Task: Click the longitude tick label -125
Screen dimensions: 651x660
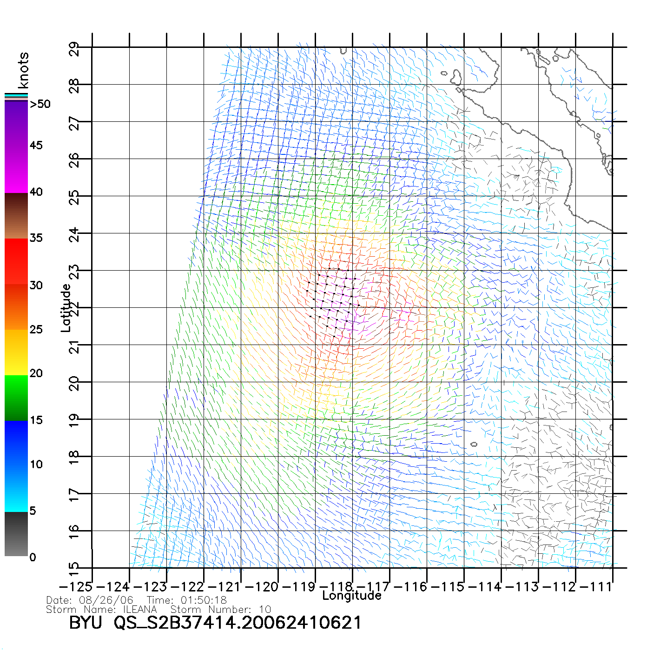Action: point(75,587)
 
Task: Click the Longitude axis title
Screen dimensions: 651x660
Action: point(352,596)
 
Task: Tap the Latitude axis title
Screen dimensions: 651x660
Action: point(66,308)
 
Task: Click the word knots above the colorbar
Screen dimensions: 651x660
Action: point(23,70)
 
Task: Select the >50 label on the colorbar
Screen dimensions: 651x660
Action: point(40,104)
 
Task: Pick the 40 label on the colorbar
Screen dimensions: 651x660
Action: point(36,192)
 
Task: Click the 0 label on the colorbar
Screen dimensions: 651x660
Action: point(33,557)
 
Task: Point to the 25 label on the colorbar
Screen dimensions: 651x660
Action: point(36,330)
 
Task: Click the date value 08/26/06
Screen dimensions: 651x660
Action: point(106,600)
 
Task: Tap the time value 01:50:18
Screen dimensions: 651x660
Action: point(204,600)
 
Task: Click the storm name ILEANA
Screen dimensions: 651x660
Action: point(140,610)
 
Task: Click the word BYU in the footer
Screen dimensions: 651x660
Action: point(86,623)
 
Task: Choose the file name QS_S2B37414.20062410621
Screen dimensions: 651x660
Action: point(238,623)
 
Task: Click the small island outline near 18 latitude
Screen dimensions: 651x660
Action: point(474,444)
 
